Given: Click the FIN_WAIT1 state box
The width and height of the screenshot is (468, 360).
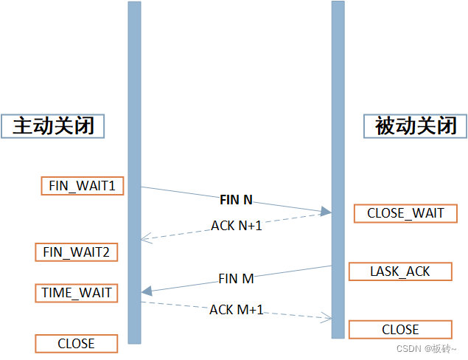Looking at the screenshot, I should click(x=82, y=185).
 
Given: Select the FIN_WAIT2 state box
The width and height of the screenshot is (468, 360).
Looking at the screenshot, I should click(x=76, y=252).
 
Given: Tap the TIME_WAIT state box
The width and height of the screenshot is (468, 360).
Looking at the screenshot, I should click(x=76, y=293).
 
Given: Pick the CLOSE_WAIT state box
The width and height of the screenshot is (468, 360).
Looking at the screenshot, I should click(x=405, y=213).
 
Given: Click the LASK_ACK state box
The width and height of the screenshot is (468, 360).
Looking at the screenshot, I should click(x=400, y=271).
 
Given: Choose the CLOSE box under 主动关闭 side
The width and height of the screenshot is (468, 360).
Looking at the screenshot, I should click(x=76, y=343).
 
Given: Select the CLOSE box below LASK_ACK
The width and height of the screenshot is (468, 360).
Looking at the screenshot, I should click(x=400, y=329).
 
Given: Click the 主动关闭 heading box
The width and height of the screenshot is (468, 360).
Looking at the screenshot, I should click(x=54, y=126).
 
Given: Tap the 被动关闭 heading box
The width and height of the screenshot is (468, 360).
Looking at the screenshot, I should click(x=416, y=126).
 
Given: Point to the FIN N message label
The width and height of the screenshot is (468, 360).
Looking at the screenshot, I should click(x=236, y=199).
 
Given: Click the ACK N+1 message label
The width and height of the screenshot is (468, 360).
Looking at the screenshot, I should click(x=237, y=226).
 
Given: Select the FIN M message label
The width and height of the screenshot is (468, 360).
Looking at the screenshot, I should click(x=236, y=279).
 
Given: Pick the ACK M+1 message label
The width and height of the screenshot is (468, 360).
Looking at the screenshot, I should click(x=237, y=310).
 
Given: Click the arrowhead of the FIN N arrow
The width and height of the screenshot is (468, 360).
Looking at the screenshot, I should click(x=326, y=212).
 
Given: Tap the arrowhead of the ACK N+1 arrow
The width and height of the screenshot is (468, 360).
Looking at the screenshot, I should click(x=145, y=238).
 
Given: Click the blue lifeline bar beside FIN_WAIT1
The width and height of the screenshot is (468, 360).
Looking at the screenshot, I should click(x=134, y=185).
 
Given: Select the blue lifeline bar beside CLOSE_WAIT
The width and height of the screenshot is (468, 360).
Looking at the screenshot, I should click(x=338, y=213).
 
